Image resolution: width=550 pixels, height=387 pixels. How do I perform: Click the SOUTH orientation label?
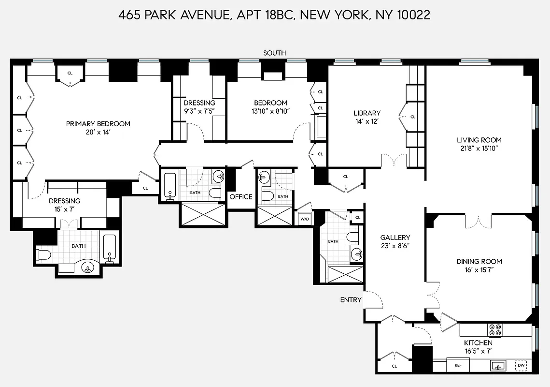[x=274, y=53]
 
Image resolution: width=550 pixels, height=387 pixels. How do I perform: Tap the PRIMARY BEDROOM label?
[x=98, y=124]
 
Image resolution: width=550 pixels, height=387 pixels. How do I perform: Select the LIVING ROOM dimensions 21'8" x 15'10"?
[x=479, y=149]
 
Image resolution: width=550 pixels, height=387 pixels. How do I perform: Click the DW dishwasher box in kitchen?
[x=521, y=366]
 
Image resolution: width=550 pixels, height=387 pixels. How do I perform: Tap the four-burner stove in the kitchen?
[x=495, y=330]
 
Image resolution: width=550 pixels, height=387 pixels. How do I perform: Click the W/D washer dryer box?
[x=304, y=219]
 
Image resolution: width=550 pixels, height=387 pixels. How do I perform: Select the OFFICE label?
[x=240, y=197]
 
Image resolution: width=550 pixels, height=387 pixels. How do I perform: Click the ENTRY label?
[x=351, y=300]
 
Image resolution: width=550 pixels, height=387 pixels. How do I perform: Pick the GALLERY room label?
[x=395, y=238]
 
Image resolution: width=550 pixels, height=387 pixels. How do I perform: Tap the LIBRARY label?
[x=367, y=113]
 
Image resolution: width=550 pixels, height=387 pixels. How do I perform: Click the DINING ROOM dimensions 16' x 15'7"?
[x=479, y=270]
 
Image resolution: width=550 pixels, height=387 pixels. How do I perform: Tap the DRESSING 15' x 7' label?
[x=64, y=209]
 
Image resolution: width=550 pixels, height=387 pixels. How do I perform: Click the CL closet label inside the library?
[x=413, y=117]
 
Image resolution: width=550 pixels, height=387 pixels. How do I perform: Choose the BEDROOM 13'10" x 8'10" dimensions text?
[x=270, y=111]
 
